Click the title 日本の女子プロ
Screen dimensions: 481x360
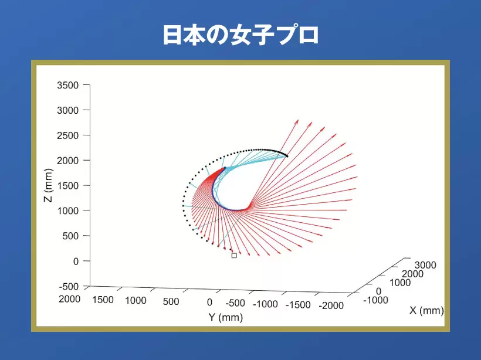[x=241, y=35]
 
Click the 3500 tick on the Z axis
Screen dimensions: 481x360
[x=68, y=85]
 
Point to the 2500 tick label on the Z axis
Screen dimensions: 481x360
[x=68, y=135]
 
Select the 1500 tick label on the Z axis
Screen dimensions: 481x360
[x=68, y=186]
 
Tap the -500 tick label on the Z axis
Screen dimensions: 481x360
[x=69, y=287]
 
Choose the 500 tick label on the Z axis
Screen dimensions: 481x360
[x=71, y=236]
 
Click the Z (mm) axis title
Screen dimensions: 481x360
[x=48, y=185]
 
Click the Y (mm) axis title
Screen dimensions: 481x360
[x=225, y=317]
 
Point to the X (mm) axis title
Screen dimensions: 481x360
[x=426, y=311]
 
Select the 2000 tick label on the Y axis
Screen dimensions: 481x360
[x=70, y=299]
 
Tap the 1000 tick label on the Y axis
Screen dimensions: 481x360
[x=136, y=301]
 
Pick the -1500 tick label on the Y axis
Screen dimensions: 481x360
[x=298, y=305]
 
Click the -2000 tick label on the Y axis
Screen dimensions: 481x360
[x=331, y=305]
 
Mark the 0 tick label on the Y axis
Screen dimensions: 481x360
[x=209, y=303]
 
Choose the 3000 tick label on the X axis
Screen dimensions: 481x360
[x=425, y=265]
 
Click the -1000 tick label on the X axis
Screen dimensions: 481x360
[x=375, y=300]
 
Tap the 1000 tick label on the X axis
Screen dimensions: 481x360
[x=400, y=283]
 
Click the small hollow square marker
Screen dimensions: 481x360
[x=234, y=256]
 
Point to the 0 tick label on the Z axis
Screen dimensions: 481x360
[x=76, y=261]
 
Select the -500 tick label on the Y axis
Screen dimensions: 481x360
[x=235, y=303]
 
